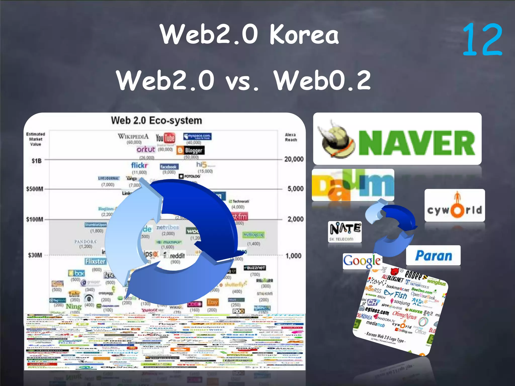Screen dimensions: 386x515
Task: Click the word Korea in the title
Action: click(x=304, y=35)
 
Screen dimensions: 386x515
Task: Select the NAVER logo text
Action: click(x=416, y=143)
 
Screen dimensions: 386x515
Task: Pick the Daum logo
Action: click(x=353, y=185)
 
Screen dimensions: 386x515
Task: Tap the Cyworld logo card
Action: click(x=454, y=205)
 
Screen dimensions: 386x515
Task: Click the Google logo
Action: click(x=362, y=261)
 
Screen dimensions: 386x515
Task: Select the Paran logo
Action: click(x=433, y=256)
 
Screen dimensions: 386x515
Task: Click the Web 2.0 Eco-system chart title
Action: click(x=156, y=121)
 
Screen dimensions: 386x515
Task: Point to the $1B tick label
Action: click(x=36, y=161)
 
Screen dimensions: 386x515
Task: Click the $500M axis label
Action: click(x=34, y=189)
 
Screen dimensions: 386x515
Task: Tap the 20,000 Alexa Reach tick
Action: click(x=294, y=159)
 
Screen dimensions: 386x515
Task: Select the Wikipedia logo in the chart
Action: click(x=133, y=137)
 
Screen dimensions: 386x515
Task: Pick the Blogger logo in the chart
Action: click(x=191, y=150)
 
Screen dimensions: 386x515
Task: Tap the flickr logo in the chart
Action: click(x=140, y=165)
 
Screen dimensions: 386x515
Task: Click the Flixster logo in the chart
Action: click(x=95, y=261)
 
